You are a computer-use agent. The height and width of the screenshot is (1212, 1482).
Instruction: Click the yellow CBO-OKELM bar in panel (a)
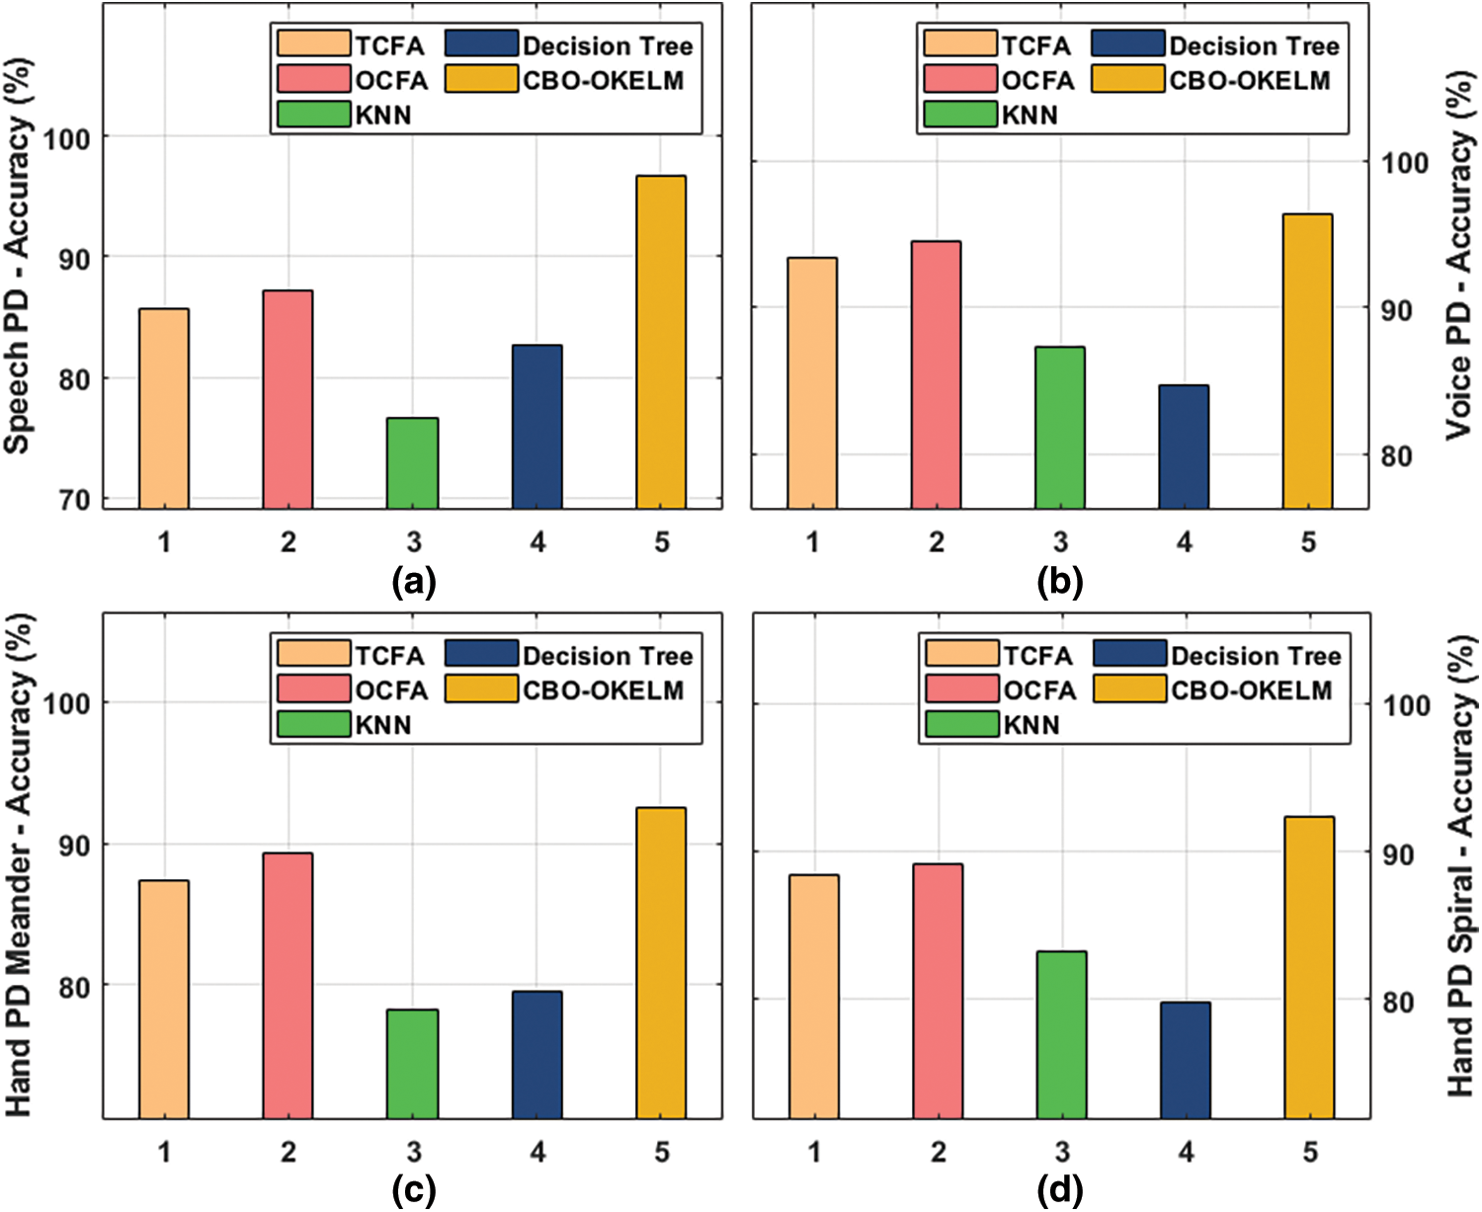[x=661, y=342]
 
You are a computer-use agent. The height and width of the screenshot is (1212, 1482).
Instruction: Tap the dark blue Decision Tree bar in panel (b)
[x=1184, y=446]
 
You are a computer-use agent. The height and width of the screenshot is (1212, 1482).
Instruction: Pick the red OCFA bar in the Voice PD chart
[x=936, y=374]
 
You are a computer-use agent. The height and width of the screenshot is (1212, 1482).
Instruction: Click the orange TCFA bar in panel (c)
[x=164, y=999]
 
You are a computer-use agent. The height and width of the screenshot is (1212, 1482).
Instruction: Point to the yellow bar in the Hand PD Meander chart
[x=661, y=963]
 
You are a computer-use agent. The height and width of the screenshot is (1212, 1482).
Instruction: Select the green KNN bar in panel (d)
[x=1061, y=1034]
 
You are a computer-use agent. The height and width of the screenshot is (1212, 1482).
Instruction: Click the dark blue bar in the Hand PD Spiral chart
[x=1186, y=1060]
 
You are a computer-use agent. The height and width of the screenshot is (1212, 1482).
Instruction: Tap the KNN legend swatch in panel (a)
[x=313, y=115]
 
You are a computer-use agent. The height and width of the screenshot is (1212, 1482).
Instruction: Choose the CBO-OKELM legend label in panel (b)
[x=1250, y=80]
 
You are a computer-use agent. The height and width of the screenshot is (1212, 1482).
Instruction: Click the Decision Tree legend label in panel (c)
[x=608, y=656]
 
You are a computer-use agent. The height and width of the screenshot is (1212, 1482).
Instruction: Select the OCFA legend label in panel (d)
[x=1039, y=689]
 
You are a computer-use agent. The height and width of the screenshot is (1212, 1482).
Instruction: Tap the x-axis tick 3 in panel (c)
[x=413, y=1152]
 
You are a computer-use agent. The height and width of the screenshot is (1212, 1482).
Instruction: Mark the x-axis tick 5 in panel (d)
[x=1310, y=1152]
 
